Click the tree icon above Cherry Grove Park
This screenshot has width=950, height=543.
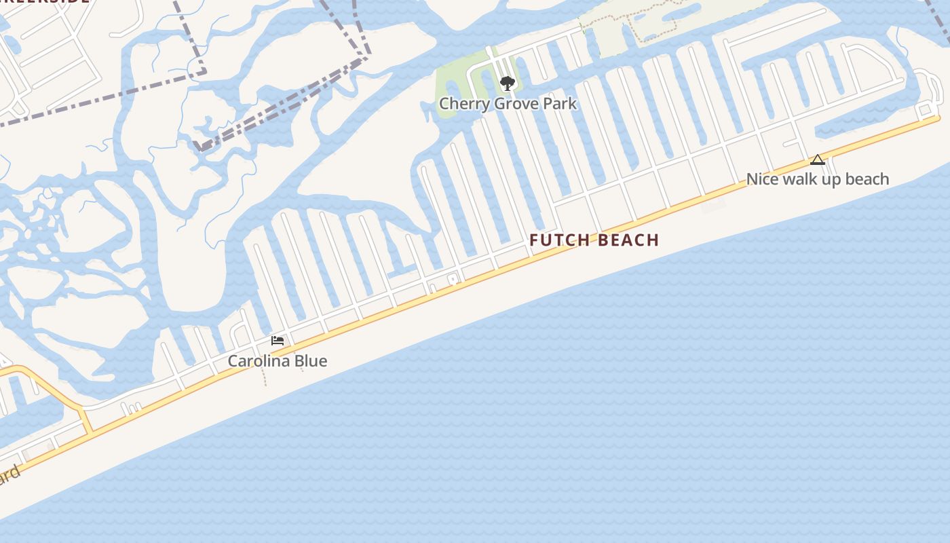click(507, 83)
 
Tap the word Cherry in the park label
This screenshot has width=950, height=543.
click(461, 104)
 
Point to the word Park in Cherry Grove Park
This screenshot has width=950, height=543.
click(562, 104)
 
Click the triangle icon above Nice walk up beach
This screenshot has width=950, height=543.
click(818, 160)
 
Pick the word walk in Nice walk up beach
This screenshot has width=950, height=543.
click(801, 179)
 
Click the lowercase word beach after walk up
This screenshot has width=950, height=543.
click(867, 179)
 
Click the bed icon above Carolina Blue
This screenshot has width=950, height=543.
click(277, 341)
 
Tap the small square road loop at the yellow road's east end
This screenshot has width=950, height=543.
click(925, 110)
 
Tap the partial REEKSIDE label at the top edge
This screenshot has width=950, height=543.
click(44, 1)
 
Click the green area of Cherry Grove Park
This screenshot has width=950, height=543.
click(451, 75)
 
